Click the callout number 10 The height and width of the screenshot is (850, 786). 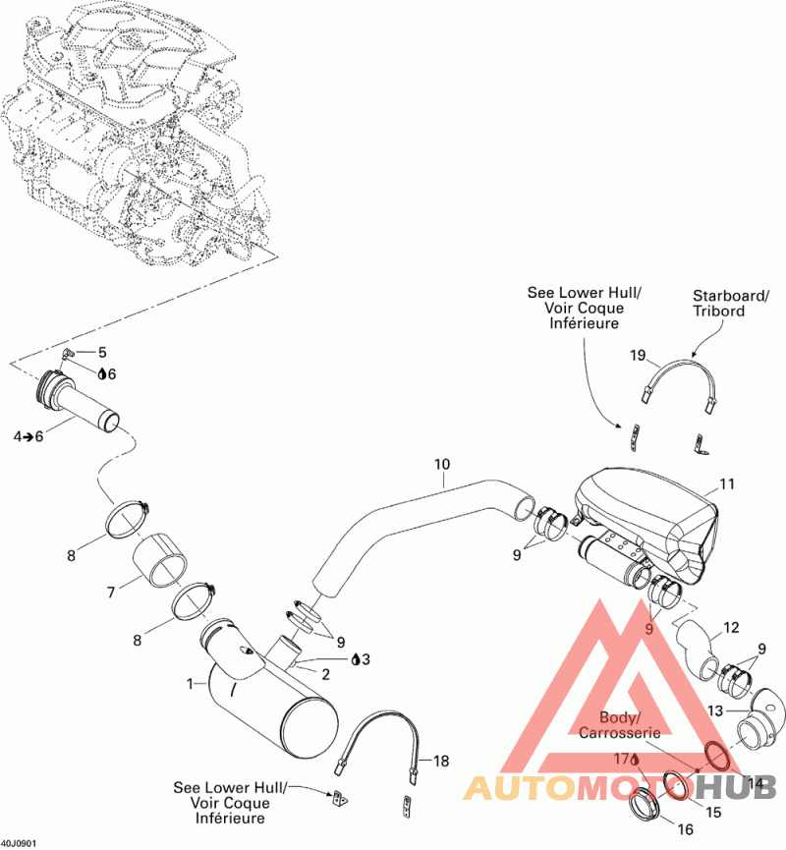tap(442, 464)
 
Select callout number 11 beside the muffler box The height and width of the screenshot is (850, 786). tap(726, 483)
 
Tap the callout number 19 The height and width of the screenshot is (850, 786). tap(638, 355)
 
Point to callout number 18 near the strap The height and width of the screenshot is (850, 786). tap(441, 762)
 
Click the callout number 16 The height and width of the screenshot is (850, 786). tap(686, 829)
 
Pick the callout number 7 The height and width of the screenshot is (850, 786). tap(111, 592)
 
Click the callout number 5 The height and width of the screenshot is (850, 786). tap(102, 353)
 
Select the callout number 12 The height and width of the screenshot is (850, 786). tap(731, 627)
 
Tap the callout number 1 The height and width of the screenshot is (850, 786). tap(190, 684)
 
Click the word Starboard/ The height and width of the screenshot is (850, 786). tap(731, 296)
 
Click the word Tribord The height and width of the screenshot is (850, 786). tap(719, 312)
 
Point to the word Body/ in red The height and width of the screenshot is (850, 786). tap(617, 717)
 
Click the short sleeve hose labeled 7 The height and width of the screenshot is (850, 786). tap(159, 560)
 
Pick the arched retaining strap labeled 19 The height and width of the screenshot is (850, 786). tap(678, 365)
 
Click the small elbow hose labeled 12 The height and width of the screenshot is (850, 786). tap(698, 648)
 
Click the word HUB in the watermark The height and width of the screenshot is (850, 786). tap(735, 788)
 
